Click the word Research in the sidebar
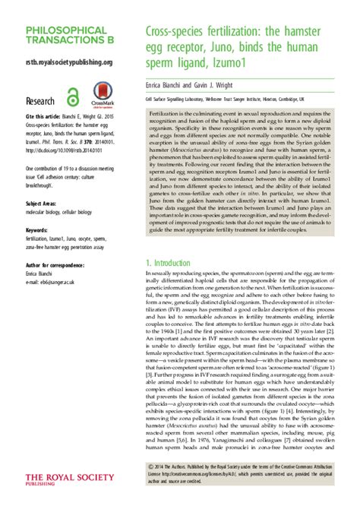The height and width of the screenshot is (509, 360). tap(39, 100)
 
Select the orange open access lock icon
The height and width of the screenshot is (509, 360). tap(73, 96)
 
